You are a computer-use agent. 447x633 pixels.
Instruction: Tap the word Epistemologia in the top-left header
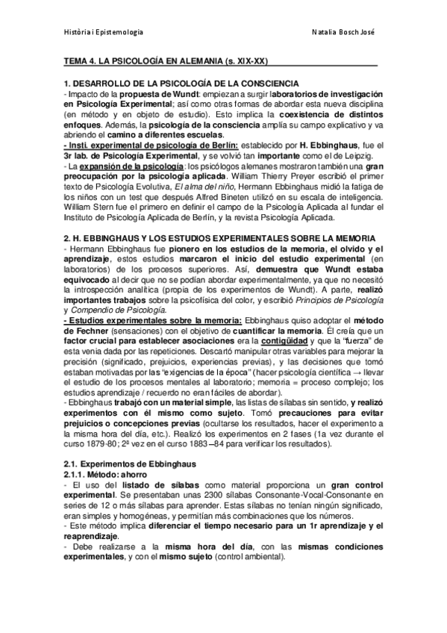(119, 32)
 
